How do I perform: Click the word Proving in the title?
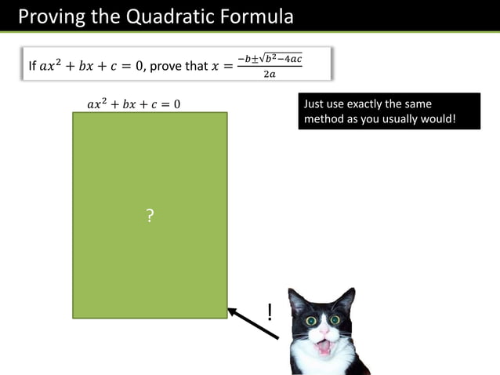(x=49, y=16)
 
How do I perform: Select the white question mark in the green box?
(x=150, y=216)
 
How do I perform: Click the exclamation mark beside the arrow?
(x=270, y=312)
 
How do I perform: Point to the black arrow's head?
(x=233, y=311)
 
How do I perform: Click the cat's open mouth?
(x=323, y=345)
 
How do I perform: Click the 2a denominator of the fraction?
(x=270, y=75)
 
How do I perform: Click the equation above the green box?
(x=134, y=104)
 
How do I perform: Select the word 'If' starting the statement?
(x=32, y=66)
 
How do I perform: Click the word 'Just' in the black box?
(x=313, y=104)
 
